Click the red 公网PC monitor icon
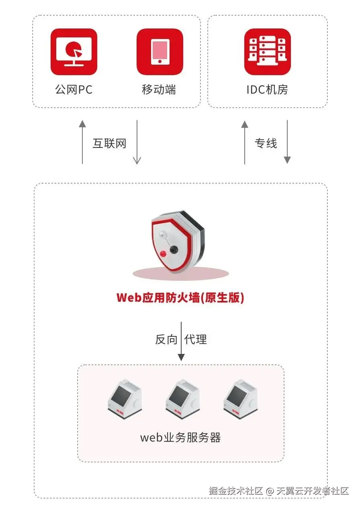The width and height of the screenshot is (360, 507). (x=74, y=52)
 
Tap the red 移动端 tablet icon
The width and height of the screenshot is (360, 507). (x=160, y=52)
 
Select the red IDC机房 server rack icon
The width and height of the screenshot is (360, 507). (x=267, y=52)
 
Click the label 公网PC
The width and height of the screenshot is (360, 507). (x=74, y=89)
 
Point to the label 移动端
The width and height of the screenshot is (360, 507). (x=159, y=89)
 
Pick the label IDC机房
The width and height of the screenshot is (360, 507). (x=267, y=89)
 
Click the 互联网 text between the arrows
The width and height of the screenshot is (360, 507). (x=109, y=143)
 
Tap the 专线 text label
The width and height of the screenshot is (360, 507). (x=266, y=143)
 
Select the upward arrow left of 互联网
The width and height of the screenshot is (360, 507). (x=82, y=142)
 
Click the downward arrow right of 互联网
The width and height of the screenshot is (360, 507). (x=137, y=142)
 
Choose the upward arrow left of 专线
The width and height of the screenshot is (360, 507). (x=245, y=142)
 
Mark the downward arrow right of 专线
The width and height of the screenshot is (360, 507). (x=287, y=142)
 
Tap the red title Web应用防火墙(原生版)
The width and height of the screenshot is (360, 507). (x=180, y=298)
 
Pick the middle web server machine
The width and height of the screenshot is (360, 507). (x=182, y=397)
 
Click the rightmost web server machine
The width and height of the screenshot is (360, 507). (x=240, y=397)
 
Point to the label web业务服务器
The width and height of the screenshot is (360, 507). (x=180, y=437)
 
